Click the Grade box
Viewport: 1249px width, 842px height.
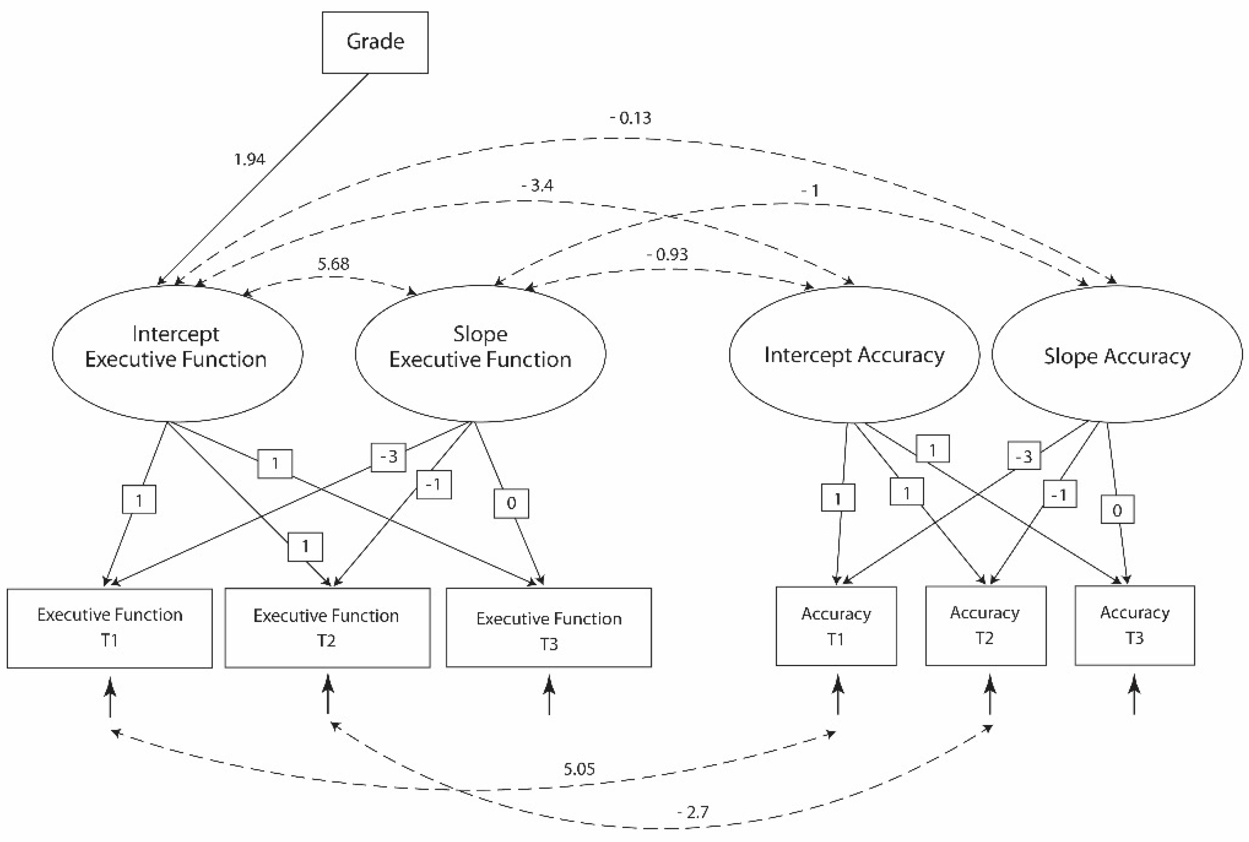pos(375,42)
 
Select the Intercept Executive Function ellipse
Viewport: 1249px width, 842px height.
pos(177,354)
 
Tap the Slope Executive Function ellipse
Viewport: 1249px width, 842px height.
pos(480,354)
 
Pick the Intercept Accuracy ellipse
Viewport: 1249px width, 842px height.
pos(854,355)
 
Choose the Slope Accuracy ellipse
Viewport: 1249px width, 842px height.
pos(1116,355)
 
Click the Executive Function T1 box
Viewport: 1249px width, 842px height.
pos(110,628)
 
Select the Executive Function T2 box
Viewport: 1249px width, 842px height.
pos(327,628)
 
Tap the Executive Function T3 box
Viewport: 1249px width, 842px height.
pos(548,628)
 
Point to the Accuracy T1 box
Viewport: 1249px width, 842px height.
pos(836,626)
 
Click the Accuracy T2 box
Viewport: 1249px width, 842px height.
pos(985,626)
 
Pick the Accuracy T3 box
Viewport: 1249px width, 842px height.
pos(1134,626)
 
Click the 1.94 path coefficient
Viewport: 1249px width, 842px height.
pos(250,160)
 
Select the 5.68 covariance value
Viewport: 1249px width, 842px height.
pos(333,264)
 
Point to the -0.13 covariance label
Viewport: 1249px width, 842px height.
pos(631,117)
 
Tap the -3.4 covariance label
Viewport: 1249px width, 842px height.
pos(537,185)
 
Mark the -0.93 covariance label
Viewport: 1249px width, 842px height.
pos(667,254)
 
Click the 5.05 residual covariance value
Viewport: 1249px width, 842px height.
pos(579,769)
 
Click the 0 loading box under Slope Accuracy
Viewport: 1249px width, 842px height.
pos(1117,510)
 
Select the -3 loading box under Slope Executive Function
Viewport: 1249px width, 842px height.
pos(388,457)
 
